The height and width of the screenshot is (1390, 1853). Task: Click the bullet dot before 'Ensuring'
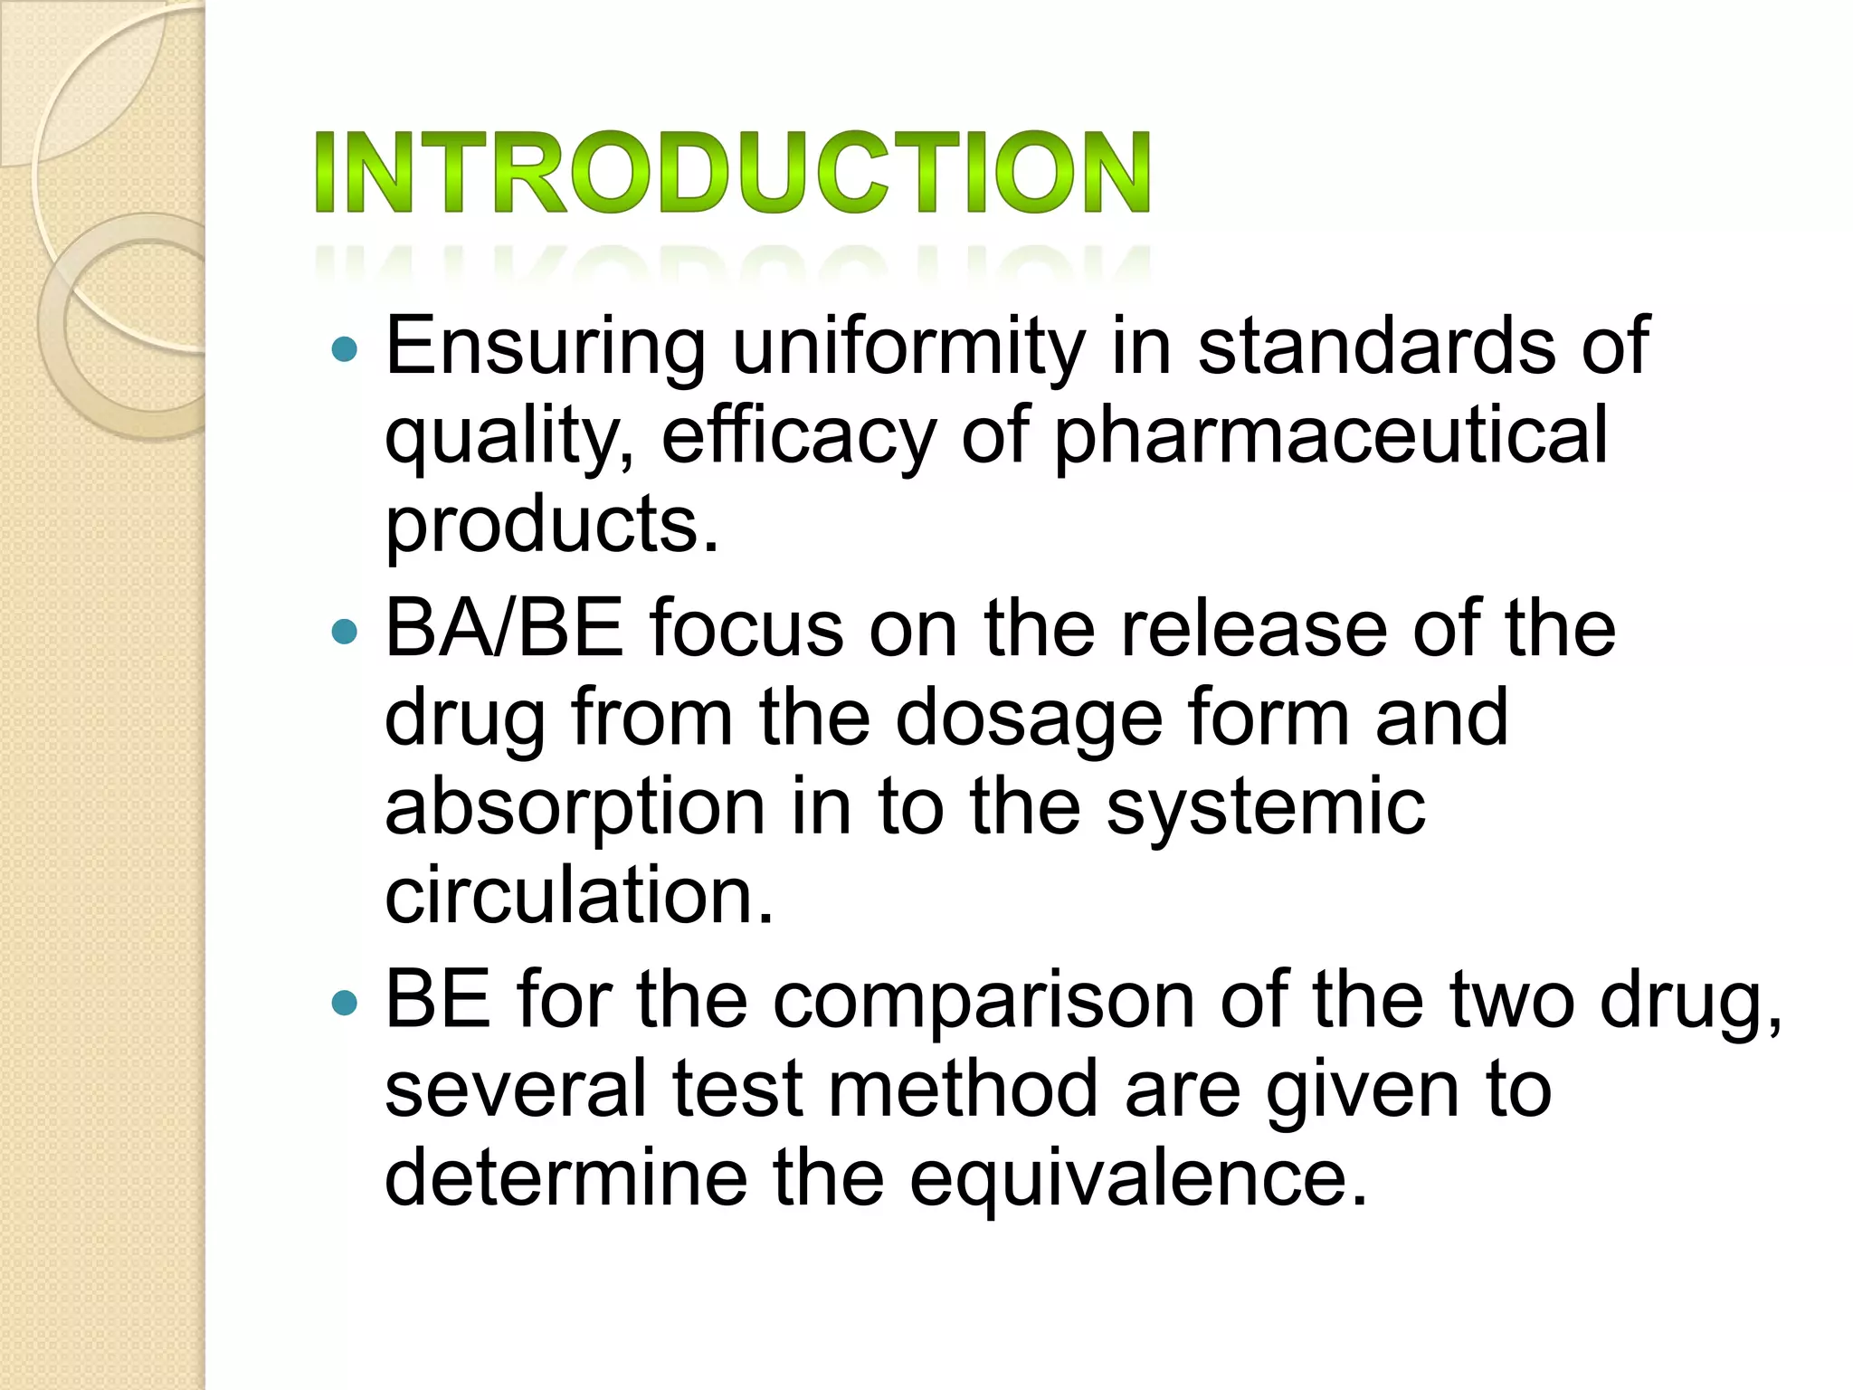pos(345,349)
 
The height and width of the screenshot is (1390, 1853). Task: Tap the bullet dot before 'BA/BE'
pos(345,631)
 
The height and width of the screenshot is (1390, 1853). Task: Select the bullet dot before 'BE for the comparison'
pos(345,1002)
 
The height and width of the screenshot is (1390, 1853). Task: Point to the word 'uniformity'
pos(908,347)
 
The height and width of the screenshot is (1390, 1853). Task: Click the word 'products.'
pos(552,525)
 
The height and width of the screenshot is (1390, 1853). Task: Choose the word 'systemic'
pos(1266,808)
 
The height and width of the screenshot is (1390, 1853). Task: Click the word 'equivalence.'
pos(1137,1178)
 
